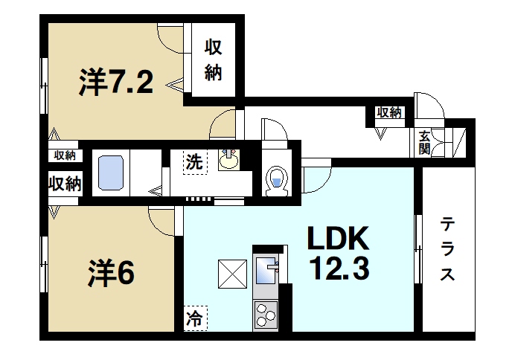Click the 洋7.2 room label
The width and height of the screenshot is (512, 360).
(117, 83)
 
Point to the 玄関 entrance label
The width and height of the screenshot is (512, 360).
(423, 141)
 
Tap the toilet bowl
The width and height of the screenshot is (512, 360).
(277, 179)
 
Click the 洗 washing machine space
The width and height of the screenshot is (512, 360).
(193, 162)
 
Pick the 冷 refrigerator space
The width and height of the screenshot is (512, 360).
(193, 320)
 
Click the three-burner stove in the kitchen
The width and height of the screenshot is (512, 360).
(265, 315)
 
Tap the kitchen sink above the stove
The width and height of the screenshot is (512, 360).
(266, 271)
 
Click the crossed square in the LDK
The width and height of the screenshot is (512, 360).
(231, 273)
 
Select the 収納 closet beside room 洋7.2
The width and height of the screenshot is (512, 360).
(214, 62)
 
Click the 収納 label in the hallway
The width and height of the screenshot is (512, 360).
(388, 113)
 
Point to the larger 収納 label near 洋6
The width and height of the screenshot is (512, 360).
(65, 184)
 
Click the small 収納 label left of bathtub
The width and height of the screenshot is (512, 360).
(65, 155)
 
